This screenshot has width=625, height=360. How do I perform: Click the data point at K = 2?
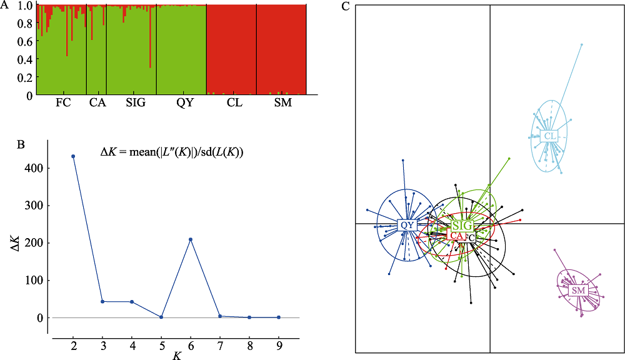[x=73, y=156]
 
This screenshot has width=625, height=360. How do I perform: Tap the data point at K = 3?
[x=102, y=302]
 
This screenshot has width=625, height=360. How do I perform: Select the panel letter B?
[x=21, y=145]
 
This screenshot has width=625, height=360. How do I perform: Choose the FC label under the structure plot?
[x=62, y=103]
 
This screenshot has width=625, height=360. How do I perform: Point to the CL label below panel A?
[x=234, y=103]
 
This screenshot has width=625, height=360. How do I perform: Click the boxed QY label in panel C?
[x=407, y=225]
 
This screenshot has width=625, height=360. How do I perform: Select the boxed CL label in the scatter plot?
[x=550, y=136]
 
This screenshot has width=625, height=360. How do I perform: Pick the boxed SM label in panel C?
[x=578, y=291]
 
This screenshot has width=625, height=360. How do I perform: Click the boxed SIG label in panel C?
[x=462, y=225]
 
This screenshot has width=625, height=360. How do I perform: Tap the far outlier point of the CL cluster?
[x=581, y=44]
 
